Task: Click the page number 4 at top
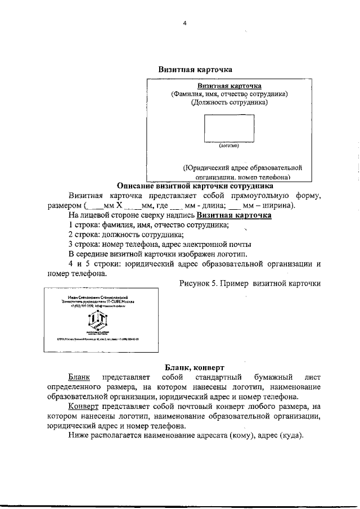tap(184, 23)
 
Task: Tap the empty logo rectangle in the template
tap(228, 128)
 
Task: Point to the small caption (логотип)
tap(228, 145)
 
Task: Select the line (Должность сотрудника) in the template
tap(229, 102)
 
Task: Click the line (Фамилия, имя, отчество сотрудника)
tap(229, 94)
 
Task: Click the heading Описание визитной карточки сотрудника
tap(195, 186)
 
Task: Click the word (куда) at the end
tap(289, 436)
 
